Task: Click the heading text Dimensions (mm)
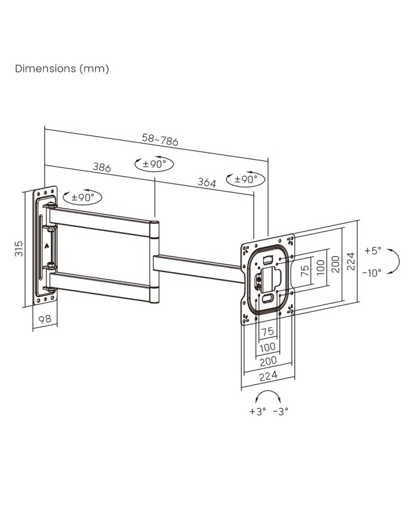[62, 69]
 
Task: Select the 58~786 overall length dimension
[160, 140]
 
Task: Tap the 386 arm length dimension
[102, 167]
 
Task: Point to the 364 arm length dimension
[206, 182]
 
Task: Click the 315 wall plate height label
[19, 249]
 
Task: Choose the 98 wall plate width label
[45, 319]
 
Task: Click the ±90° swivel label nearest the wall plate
[83, 197]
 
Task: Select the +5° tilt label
[373, 251]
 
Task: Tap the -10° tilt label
[372, 273]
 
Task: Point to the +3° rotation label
[258, 411]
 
